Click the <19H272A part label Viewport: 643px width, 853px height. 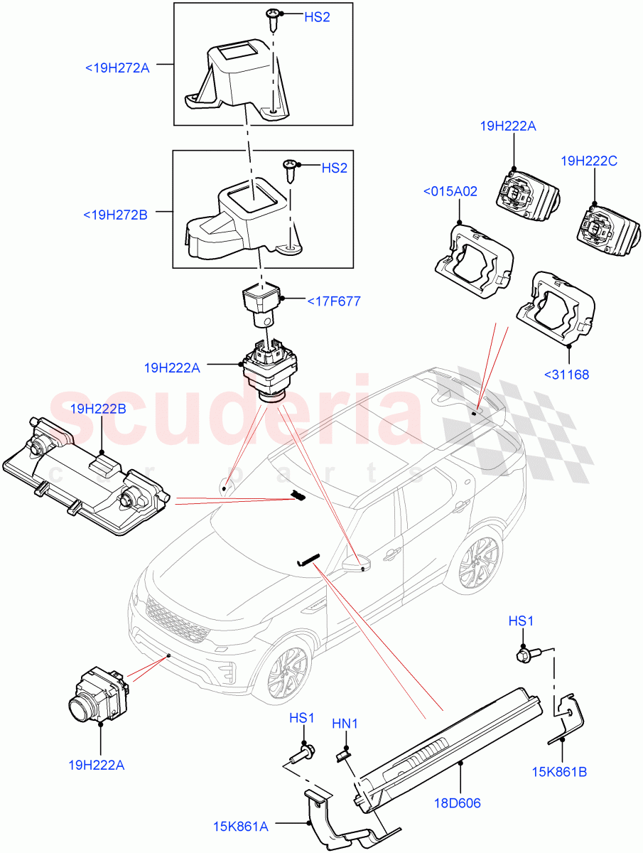tap(117, 69)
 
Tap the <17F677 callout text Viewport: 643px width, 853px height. tap(333, 301)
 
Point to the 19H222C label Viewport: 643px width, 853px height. tap(588, 161)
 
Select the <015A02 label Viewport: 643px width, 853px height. tap(450, 191)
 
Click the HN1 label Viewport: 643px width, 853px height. tap(345, 724)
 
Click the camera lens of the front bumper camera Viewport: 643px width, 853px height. tap(80, 707)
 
